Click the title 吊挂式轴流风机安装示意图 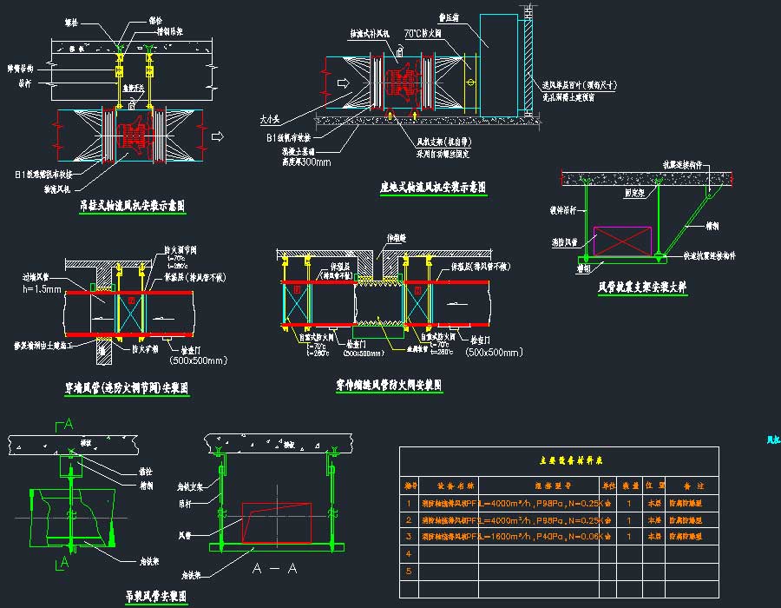tap(132, 206)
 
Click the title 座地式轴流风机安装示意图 tap(432, 187)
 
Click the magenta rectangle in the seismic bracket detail tap(621, 241)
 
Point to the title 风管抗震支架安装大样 tap(642, 286)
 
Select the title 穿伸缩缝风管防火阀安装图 tap(389, 383)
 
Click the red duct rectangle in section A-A tap(276, 522)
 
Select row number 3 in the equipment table tap(407, 537)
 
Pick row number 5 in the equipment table tap(407, 571)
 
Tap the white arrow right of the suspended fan tap(218, 135)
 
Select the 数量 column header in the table tap(628, 485)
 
